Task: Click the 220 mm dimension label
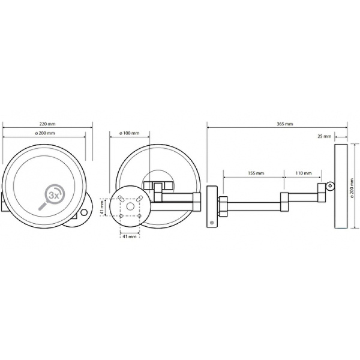pos(48,124)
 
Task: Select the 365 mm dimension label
pos(285,124)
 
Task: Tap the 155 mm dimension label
pos(256,173)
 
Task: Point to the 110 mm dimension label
pos(304,173)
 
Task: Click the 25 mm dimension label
pos(325,136)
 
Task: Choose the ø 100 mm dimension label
pos(130,133)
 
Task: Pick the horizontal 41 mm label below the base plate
pos(130,236)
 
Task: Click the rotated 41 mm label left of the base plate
pos(103,207)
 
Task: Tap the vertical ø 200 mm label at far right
pos(353,186)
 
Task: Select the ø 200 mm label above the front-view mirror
pos(45,133)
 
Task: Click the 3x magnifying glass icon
pos(52,197)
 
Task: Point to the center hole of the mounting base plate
pos(130,207)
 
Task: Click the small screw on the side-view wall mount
pos(212,223)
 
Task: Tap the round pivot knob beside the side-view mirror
pos(330,186)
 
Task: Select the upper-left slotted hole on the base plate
pos(121,199)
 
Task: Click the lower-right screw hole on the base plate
pos(140,216)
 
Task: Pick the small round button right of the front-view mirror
pos(84,212)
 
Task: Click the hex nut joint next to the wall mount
pos(223,206)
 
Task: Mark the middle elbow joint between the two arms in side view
pos(284,202)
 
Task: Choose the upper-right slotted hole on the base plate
pos(139,199)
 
